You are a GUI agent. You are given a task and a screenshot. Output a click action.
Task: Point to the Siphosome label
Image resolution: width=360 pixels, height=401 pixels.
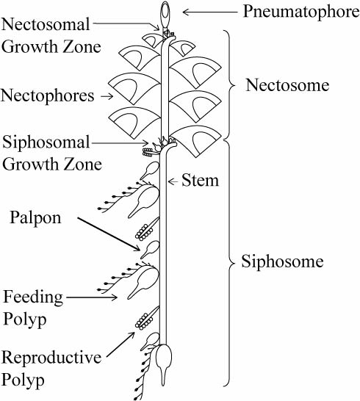[284, 261]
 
